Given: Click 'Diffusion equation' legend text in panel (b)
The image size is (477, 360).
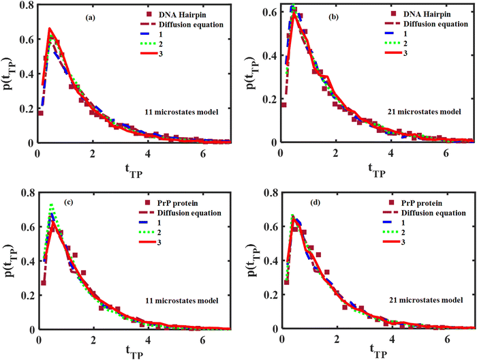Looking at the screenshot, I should pos(427,25).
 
